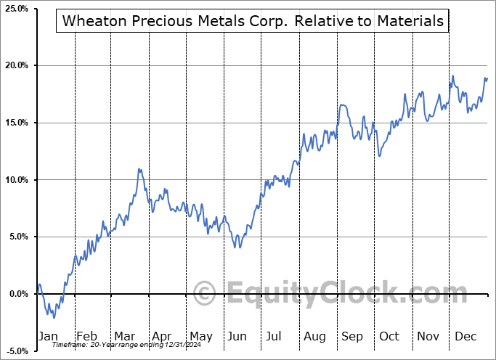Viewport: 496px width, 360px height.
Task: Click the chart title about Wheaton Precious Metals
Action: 253,21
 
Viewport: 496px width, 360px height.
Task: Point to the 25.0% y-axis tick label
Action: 15,9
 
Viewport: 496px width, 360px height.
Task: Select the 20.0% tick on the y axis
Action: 15,66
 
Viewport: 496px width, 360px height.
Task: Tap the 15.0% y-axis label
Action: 15,123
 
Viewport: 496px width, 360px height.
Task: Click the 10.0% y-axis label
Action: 15,180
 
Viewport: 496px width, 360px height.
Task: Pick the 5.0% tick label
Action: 17,237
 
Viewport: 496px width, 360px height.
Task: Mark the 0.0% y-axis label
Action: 17,294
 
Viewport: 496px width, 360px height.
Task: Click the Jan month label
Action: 48,336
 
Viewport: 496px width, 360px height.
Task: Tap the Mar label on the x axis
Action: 125,336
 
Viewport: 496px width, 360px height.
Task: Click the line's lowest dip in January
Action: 54,318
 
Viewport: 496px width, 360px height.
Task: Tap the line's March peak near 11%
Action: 138,169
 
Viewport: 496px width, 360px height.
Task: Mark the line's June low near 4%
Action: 235,247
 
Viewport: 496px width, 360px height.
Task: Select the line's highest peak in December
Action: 453,76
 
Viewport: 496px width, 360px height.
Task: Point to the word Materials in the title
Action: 410,21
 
